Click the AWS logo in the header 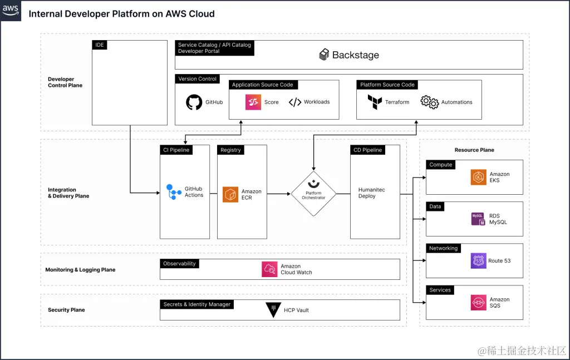[11, 10]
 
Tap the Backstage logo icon [324, 55]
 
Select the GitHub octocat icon [194, 102]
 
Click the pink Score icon [253, 102]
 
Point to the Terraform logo [375, 102]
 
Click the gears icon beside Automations [429, 102]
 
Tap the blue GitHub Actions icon [174, 192]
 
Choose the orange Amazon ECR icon [230, 194]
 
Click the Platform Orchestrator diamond [313, 194]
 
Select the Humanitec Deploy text [371, 193]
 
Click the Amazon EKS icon [478, 177]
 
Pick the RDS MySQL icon [478, 219]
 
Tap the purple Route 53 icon [478, 260]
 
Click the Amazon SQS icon [478, 302]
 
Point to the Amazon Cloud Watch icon [269, 269]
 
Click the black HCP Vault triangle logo [273, 310]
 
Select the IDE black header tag [100, 45]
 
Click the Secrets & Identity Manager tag [196, 304]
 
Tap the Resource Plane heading [474, 150]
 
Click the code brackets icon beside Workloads [295, 102]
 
